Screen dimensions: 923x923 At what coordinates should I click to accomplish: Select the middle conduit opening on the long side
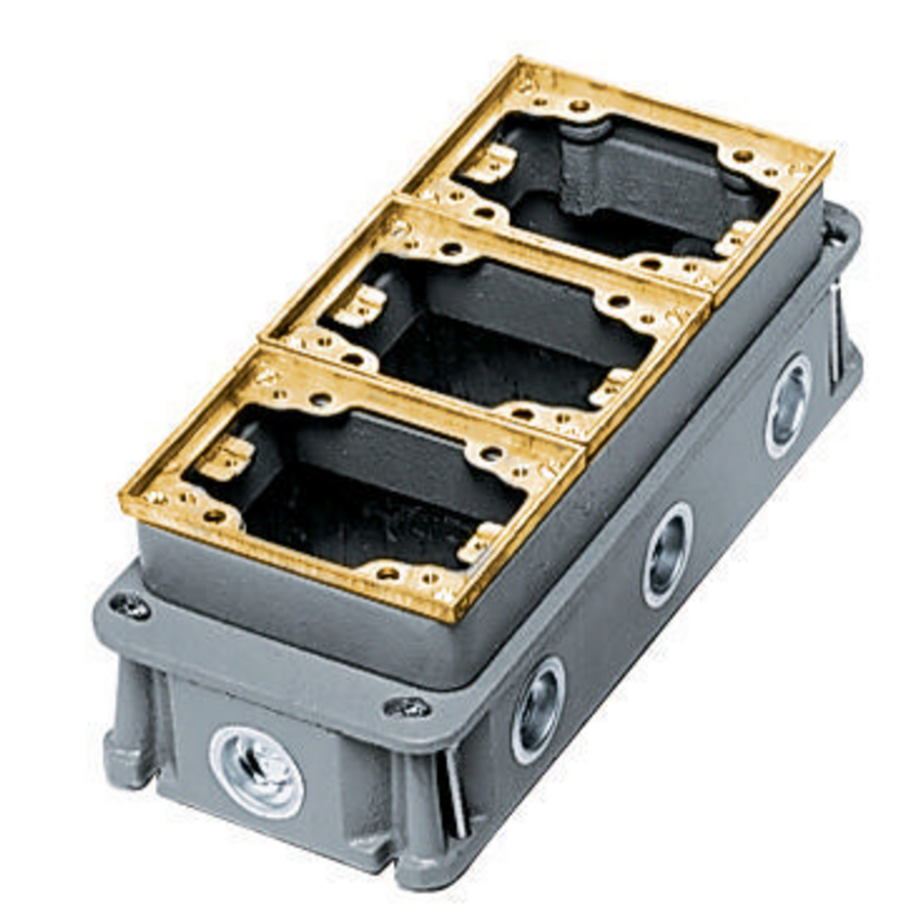[667, 554]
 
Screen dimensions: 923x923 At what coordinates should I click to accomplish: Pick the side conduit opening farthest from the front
[788, 405]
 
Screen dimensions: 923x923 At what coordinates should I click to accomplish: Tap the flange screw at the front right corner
[407, 708]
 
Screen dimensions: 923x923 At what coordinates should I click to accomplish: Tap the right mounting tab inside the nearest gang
[478, 544]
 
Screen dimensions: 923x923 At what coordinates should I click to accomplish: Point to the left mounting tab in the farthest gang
[490, 163]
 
